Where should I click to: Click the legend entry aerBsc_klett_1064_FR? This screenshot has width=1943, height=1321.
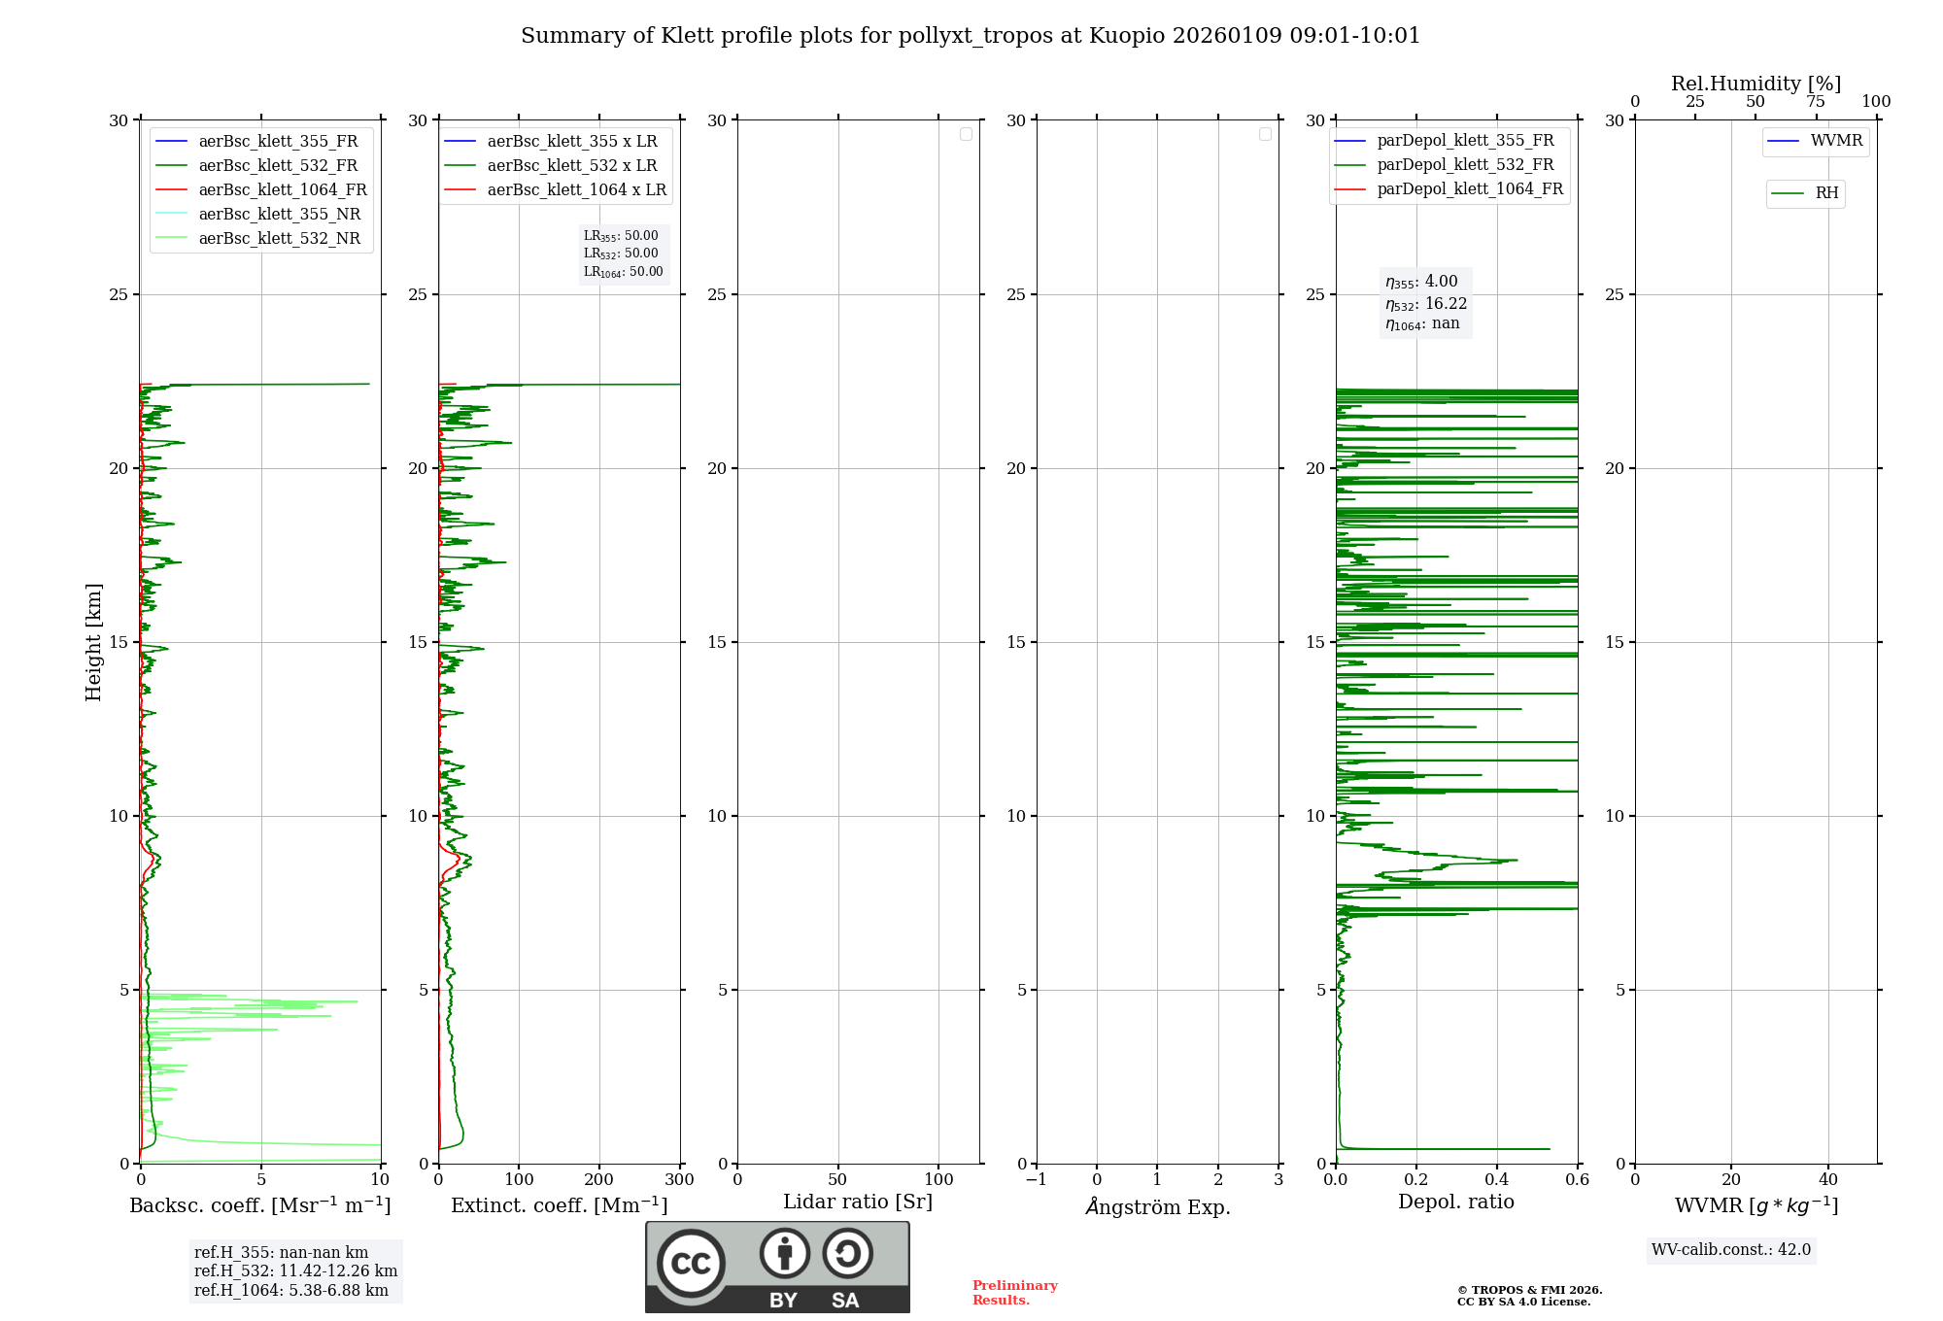pyautogui.click(x=282, y=190)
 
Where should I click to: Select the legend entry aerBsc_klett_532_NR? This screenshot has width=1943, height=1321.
pyautogui.click(x=279, y=239)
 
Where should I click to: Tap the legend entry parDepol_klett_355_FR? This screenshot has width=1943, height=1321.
pyautogui.click(x=1465, y=141)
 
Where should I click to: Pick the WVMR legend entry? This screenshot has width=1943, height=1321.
pyautogui.click(x=1836, y=141)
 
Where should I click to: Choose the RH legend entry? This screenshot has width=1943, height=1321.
pyautogui.click(x=1826, y=193)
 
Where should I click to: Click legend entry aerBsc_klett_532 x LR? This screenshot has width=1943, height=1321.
pyautogui.click(x=571, y=166)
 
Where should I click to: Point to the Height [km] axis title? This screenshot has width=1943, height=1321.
pyautogui.click(x=93, y=642)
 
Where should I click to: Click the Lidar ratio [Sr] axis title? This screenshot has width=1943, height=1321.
pyautogui.click(x=858, y=1202)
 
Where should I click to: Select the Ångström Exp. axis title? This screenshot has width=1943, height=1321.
pyautogui.click(x=1158, y=1207)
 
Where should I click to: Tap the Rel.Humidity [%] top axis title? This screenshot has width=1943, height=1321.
pyautogui.click(x=1756, y=84)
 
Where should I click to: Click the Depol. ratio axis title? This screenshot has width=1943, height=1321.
pyautogui.click(x=1455, y=1202)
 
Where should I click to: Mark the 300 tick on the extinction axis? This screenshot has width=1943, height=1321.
pyautogui.click(x=680, y=1180)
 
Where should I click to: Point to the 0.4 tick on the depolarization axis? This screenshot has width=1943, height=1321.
pyautogui.click(x=1497, y=1180)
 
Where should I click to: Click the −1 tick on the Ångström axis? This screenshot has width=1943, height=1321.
pyautogui.click(x=1036, y=1180)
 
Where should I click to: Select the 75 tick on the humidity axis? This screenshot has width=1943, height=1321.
pyautogui.click(x=1815, y=102)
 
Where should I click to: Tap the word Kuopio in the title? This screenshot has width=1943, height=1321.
pyautogui.click(x=1127, y=36)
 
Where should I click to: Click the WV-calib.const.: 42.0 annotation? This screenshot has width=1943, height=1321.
pyautogui.click(x=1731, y=1250)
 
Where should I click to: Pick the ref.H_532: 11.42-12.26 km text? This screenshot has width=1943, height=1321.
pyautogui.click(x=295, y=1271)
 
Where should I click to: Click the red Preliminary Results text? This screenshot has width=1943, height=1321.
pyautogui.click(x=1014, y=1293)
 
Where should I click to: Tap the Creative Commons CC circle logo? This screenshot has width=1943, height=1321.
pyautogui.click(x=691, y=1264)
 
